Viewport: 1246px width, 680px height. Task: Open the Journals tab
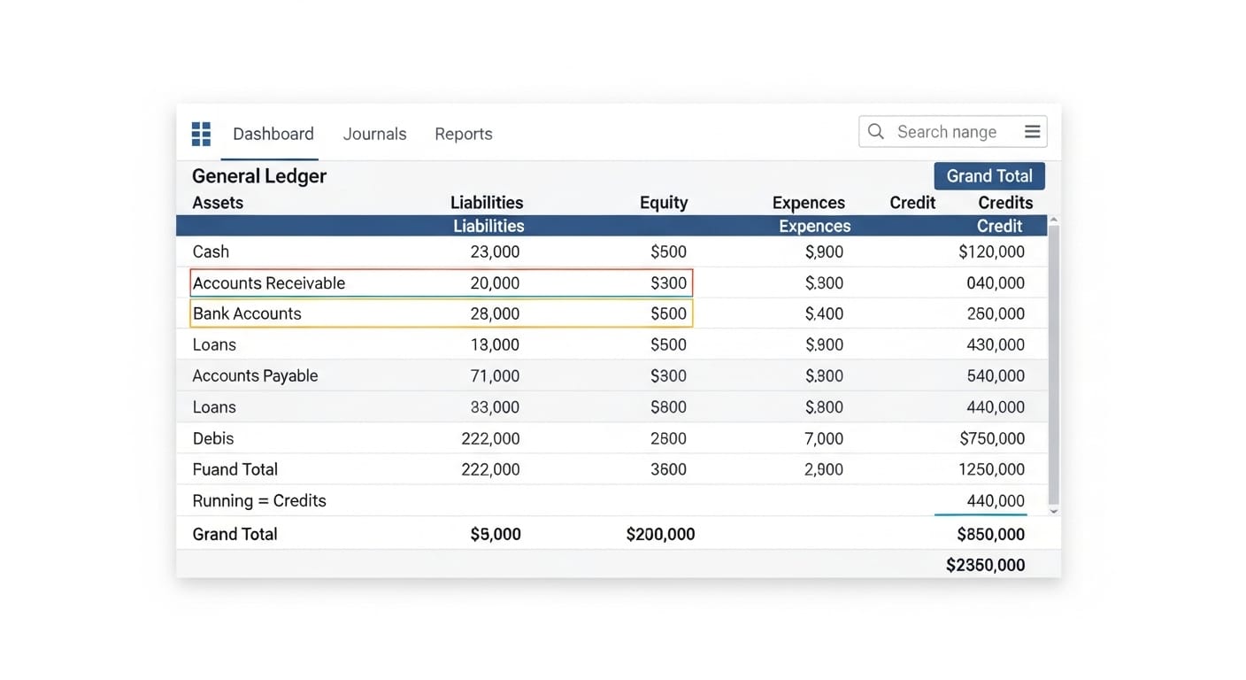coord(374,134)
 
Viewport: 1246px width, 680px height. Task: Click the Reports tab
coord(463,134)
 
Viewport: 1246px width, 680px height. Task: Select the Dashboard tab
coord(273,134)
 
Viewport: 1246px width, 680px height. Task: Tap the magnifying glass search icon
coord(876,132)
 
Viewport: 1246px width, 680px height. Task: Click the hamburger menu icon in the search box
coord(1032,132)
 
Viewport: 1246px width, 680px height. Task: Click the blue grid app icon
coord(202,134)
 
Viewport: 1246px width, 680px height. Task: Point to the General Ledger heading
coord(259,176)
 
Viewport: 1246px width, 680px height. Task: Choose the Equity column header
coord(663,203)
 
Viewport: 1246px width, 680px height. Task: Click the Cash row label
coord(211,251)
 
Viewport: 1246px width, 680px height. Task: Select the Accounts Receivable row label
coord(268,283)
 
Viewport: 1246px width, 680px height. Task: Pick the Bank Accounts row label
coord(247,313)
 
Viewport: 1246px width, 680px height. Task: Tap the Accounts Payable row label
coord(255,375)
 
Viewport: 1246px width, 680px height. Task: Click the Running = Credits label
coord(259,500)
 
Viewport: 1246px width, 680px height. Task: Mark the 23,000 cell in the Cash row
coord(495,251)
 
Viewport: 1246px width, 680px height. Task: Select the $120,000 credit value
coord(991,251)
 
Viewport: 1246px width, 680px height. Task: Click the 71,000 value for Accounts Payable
coord(495,375)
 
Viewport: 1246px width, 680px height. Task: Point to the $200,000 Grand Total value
coord(660,534)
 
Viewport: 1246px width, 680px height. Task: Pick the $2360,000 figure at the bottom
coord(985,565)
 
